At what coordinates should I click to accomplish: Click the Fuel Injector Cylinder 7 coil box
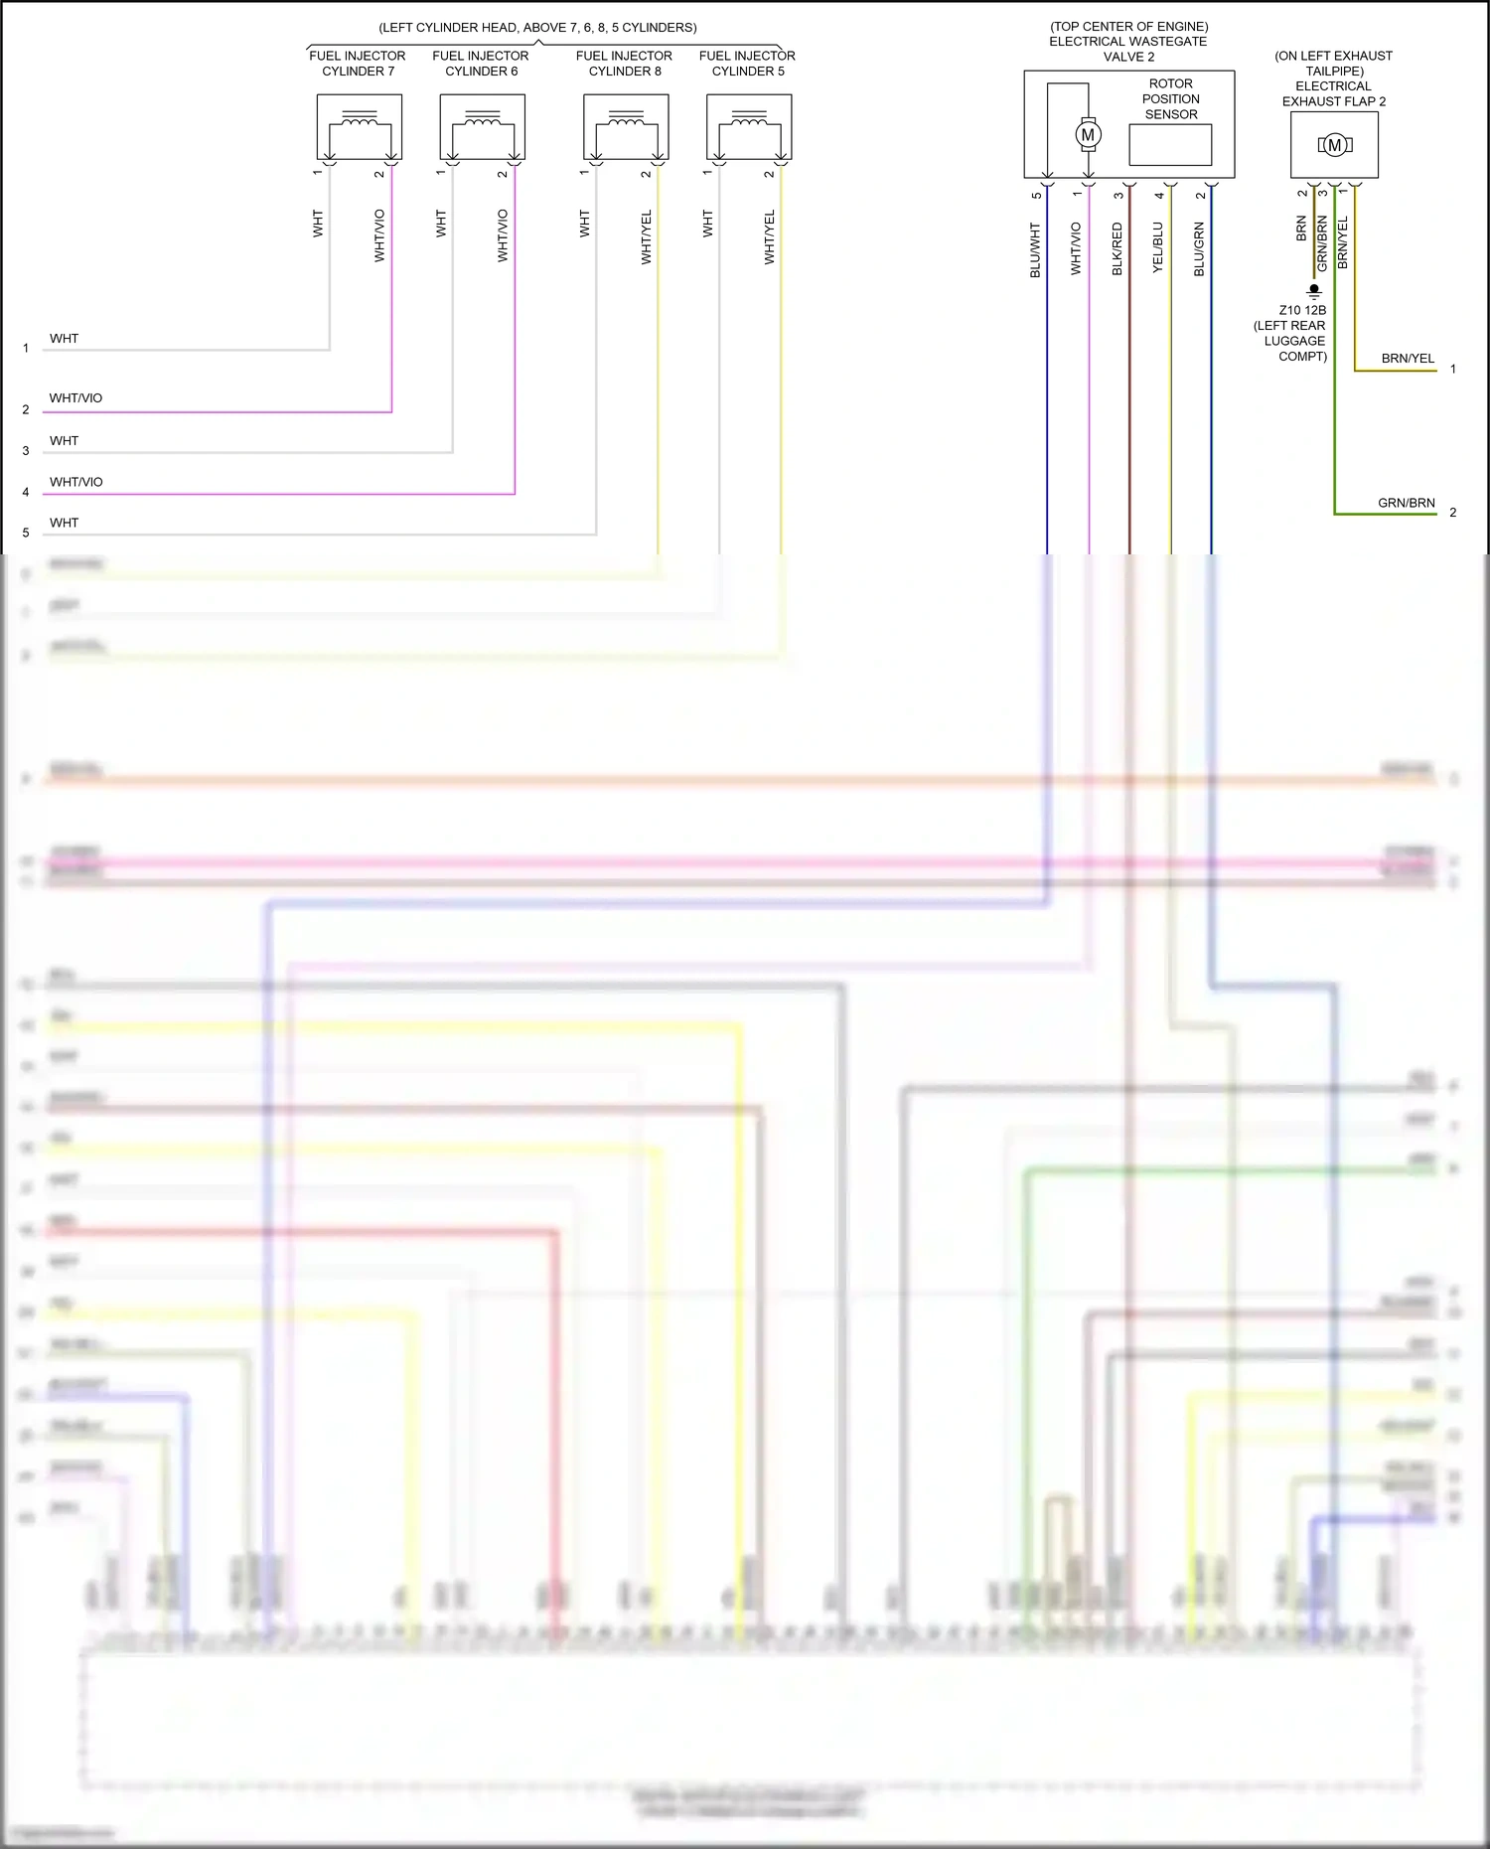coord(359,127)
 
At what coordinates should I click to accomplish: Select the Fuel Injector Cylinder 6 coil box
coord(482,127)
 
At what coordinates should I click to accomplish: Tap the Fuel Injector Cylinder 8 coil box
coord(626,127)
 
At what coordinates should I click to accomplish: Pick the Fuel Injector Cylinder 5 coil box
coord(749,127)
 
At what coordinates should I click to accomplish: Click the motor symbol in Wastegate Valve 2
coord(1088,134)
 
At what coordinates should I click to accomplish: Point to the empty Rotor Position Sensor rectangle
coord(1170,145)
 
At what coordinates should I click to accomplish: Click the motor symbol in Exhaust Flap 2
coord(1334,145)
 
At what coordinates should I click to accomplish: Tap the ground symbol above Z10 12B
coord(1314,292)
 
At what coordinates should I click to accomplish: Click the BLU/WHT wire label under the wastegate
coord(1035,249)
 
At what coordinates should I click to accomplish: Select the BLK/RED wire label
coord(1117,249)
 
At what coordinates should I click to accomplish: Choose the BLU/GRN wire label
coord(1199,249)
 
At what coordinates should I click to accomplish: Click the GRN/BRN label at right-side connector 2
coord(1406,503)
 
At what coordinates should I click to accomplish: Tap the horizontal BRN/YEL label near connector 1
coord(1408,359)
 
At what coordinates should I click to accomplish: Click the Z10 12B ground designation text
coord(1301,310)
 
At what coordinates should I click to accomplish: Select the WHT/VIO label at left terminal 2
coord(75,398)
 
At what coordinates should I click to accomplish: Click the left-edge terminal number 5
coord(26,533)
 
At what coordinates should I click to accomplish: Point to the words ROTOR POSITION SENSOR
coord(1170,99)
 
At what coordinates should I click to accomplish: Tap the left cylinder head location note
coord(537,28)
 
